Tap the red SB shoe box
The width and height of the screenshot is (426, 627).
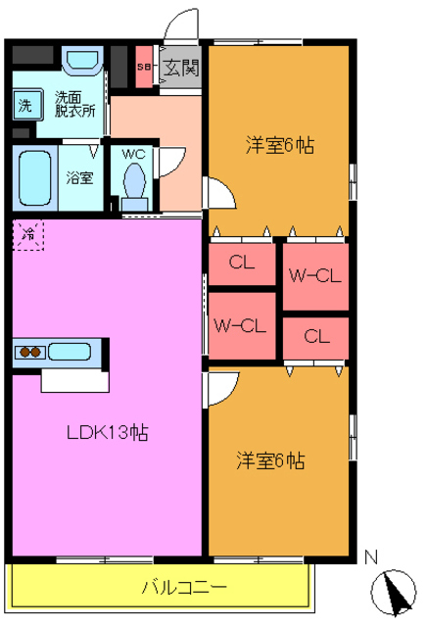pyautogui.click(x=144, y=68)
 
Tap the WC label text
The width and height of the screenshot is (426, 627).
pyautogui.click(x=133, y=154)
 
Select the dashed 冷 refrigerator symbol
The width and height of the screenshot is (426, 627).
pyautogui.click(x=28, y=235)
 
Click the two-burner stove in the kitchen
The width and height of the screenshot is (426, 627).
pyautogui.click(x=29, y=352)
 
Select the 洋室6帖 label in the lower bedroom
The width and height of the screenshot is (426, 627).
pyautogui.click(x=270, y=459)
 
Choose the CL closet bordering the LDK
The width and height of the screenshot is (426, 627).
pyautogui.click(x=242, y=263)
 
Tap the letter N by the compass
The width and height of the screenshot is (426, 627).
pyautogui.click(x=371, y=557)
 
